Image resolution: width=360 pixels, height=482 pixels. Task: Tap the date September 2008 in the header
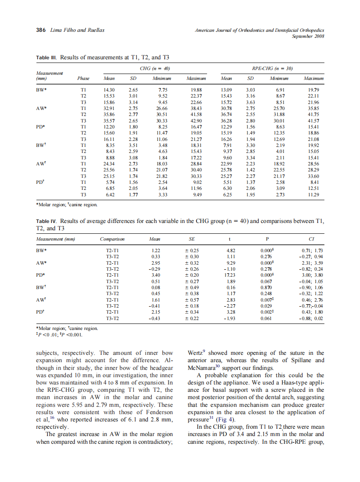coord(308,36)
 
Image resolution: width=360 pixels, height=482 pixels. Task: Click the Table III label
coord(46,57)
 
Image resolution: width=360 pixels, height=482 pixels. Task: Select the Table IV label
coord(46,221)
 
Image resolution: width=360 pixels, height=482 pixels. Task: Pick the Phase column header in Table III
coord(83,79)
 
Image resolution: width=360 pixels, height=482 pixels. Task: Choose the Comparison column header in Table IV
coord(112,238)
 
